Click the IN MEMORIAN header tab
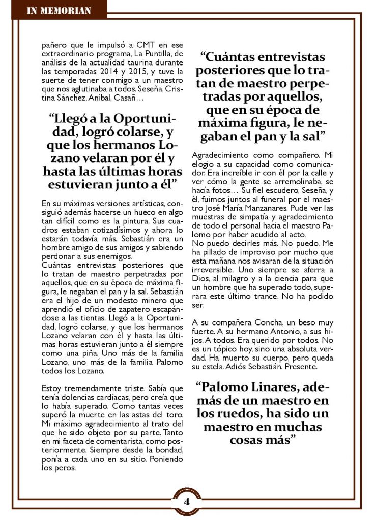pos(59,10)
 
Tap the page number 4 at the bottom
pos(187,501)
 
